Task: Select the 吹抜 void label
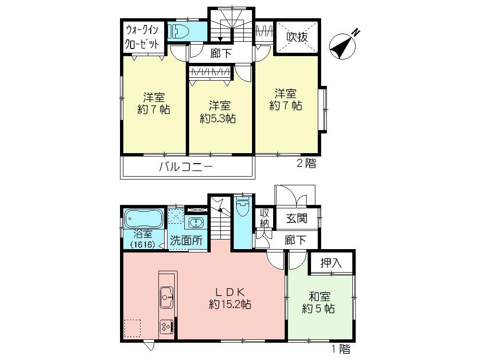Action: click(297, 37)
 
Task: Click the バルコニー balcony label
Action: click(185, 168)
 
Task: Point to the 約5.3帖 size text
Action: click(217, 118)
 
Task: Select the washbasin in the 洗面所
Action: click(195, 223)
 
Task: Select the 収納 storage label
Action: click(264, 218)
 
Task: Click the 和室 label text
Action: click(318, 297)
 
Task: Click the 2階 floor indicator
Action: click(306, 164)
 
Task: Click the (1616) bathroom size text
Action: click(142, 244)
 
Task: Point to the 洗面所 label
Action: click(188, 241)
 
